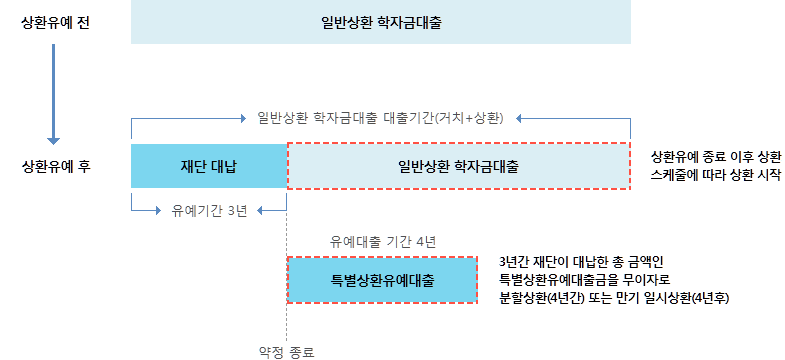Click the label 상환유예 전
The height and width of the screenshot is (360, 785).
pyautogui.click(x=56, y=23)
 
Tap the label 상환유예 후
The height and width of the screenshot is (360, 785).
pyautogui.click(x=56, y=167)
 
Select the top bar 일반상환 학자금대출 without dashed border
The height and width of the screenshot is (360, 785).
pyautogui.click(x=380, y=22)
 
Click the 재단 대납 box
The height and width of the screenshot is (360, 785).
pyautogui.click(x=209, y=166)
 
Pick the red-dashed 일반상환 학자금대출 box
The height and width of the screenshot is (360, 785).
pyautogui.click(x=458, y=166)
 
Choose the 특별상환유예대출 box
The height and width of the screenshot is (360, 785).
pyautogui.click(x=382, y=280)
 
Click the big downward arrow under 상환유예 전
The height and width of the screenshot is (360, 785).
pyautogui.click(x=53, y=94)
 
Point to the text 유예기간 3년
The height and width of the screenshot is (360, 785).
pyautogui.click(x=209, y=211)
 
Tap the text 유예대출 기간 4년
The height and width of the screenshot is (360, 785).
pyautogui.click(x=383, y=242)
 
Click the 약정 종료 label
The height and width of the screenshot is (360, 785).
pyautogui.click(x=286, y=352)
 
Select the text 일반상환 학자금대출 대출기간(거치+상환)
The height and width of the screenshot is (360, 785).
pyautogui.click(x=380, y=118)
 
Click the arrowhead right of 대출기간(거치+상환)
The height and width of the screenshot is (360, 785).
pyautogui.click(x=519, y=119)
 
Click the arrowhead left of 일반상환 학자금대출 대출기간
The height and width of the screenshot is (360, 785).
pyautogui.click(x=243, y=119)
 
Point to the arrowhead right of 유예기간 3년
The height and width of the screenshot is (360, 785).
pyautogui.click(x=261, y=211)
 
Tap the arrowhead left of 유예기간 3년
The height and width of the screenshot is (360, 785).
pyautogui.click(x=160, y=211)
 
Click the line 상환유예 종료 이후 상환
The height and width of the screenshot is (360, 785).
pyautogui.click(x=715, y=156)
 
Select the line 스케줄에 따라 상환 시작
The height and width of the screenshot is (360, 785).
pyautogui.click(x=715, y=175)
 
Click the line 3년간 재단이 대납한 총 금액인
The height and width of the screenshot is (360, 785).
pyautogui.click(x=581, y=261)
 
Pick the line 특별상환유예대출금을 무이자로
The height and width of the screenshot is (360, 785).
pyautogui.click(x=584, y=279)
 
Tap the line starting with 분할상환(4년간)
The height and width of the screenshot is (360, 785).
pyautogui.click(x=614, y=298)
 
